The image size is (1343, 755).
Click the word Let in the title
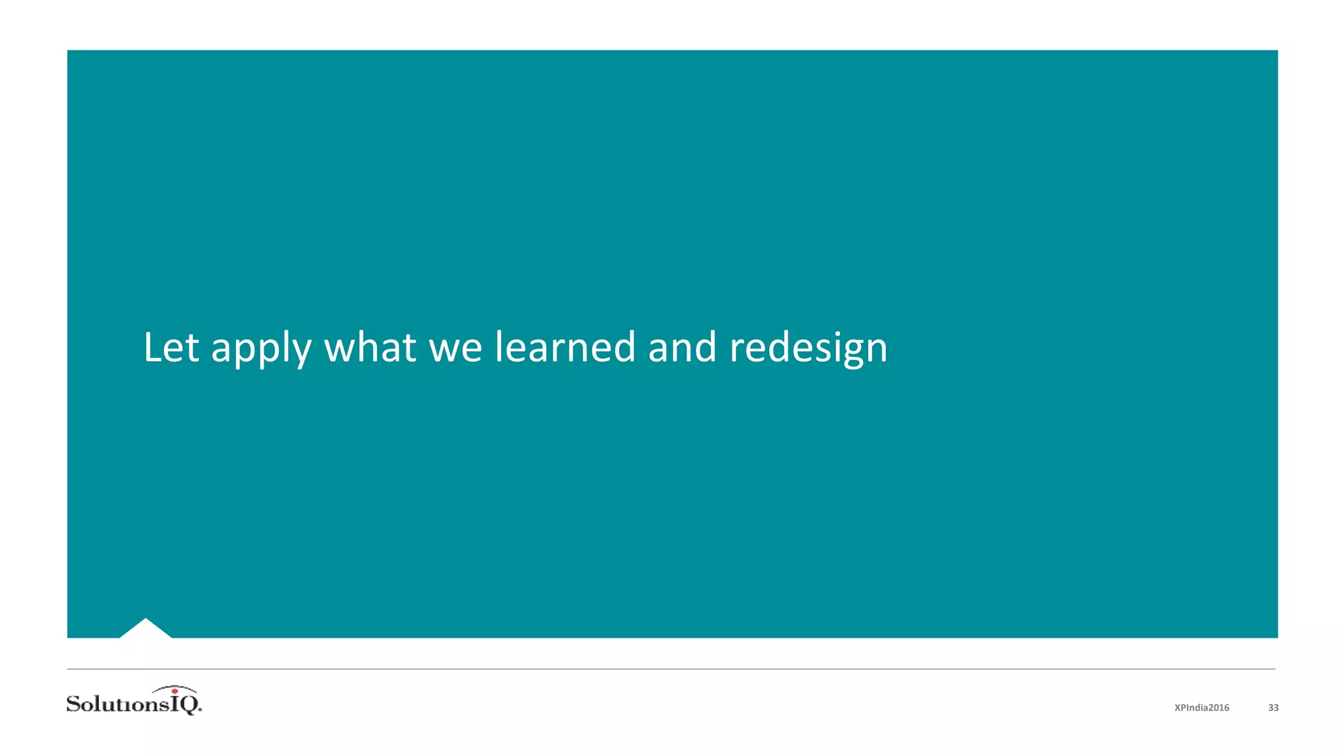pos(170,347)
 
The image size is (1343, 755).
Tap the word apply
pos(260,349)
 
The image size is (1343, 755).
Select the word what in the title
pos(370,347)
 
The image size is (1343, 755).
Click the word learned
pos(565,347)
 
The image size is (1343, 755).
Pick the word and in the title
pos(682,347)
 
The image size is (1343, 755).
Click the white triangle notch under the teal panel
pos(146,629)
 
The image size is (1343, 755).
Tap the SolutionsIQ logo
pos(134,701)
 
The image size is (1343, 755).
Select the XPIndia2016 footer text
pos(1201,708)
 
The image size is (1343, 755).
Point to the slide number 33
pos(1273,708)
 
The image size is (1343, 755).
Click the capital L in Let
pos(153,347)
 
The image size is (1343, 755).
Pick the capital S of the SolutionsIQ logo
pos(74,704)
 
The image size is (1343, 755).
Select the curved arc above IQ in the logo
pos(174,688)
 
